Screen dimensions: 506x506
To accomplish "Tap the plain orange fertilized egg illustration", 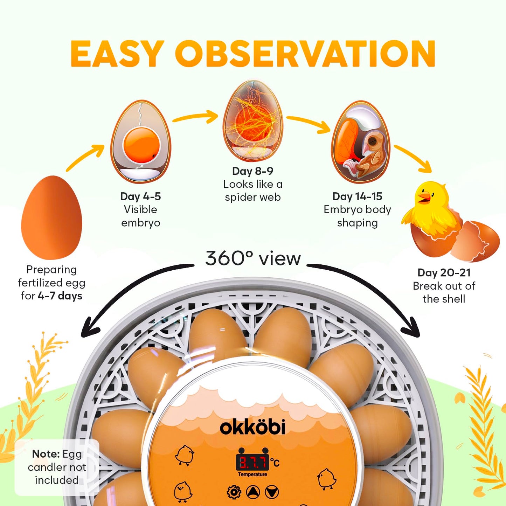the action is pyautogui.click(x=51, y=217).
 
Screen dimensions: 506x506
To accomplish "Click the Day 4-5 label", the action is pyautogui.click(x=140, y=196).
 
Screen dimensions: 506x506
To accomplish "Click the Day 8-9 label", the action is pyautogui.click(x=252, y=171).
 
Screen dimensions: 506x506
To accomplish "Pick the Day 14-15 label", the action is pyautogui.click(x=358, y=196).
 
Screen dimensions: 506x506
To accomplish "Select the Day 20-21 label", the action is pyautogui.click(x=444, y=272).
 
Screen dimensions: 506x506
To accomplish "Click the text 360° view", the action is pyautogui.click(x=253, y=259).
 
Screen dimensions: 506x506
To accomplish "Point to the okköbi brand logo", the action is pyautogui.click(x=252, y=427).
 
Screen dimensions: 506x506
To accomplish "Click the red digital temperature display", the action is pyautogui.click(x=252, y=463).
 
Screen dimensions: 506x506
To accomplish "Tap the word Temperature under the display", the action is pyautogui.click(x=252, y=474).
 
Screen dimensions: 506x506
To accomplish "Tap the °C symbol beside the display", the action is pyautogui.click(x=275, y=462).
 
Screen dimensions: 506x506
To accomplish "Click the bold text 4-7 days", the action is pyautogui.click(x=60, y=296).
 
